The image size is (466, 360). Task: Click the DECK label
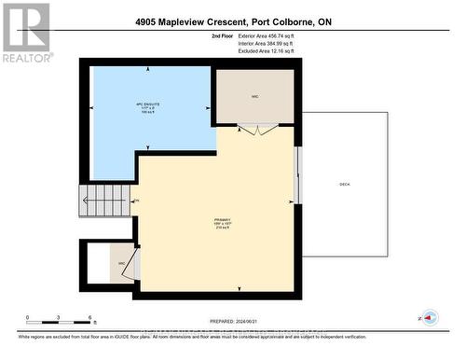point(344,184)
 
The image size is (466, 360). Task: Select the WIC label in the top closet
point(254,95)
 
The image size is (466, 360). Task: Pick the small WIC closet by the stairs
point(122,263)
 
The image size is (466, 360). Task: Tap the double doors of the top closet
point(255,129)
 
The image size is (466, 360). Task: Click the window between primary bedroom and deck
point(298,173)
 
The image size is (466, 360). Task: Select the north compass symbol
point(430,318)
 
